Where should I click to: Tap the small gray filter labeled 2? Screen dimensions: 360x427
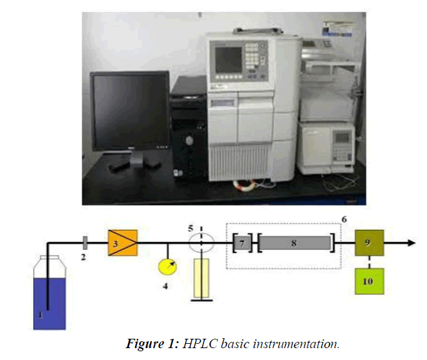click(x=84, y=241)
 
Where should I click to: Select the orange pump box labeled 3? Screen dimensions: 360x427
click(x=122, y=241)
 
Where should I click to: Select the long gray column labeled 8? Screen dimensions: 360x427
click(x=294, y=241)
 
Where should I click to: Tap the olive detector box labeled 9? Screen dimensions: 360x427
click(x=369, y=241)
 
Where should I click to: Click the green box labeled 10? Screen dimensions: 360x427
click(x=369, y=281)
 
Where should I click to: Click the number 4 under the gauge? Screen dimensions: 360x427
click(x=164, y=288)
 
